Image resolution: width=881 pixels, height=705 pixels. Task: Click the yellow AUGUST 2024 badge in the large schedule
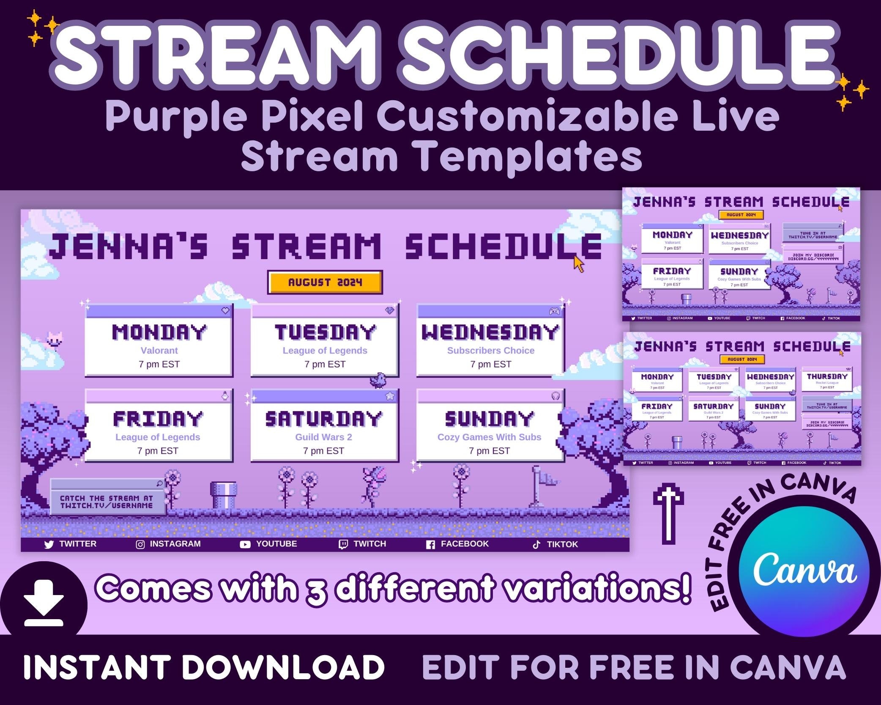pyautogui.click(x=325, y=282)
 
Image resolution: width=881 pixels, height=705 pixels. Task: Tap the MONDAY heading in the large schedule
pyautogui.click(x=159, y=332)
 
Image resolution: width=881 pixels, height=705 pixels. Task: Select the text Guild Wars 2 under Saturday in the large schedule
pyautogui.click(x=323, y=437)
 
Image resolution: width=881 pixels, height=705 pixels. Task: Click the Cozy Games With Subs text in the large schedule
pyautogui.click(x=489, y=437)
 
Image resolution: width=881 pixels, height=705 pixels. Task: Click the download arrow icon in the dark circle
pyautogui.click(x=44, y=602)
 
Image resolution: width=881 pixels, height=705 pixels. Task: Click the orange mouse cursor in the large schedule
pyautogui.click(x=578, y=264)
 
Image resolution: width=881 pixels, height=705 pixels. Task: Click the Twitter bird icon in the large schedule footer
pyautogui.click(x=49, y=544)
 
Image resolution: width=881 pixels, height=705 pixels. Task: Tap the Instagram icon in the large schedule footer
pyautogui.click(x=140, y=544)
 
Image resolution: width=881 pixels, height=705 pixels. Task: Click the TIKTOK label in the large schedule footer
pyautogui.click(x=562, y=544)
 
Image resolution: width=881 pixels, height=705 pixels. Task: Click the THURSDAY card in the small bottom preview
pyautogui.click(x=827, y=379)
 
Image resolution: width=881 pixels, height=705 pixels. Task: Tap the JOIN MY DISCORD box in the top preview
pyautogui.click(x=813, y=256)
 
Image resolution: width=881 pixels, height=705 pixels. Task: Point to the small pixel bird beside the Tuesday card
pyautogui.click(x=378, y=379)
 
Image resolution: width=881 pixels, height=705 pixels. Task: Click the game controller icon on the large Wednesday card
pyautogui.click(x=554, y=311)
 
